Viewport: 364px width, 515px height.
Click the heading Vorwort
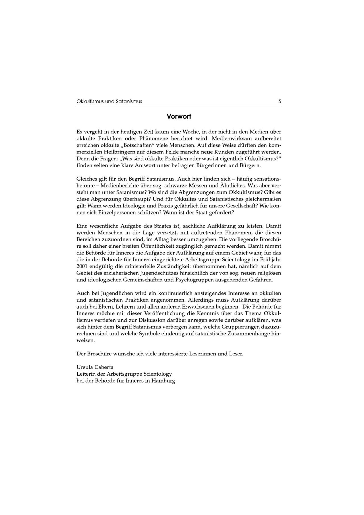[x=179, y=116]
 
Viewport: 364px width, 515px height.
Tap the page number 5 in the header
[x=280, y=101]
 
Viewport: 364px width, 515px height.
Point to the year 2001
[x=82, y=266]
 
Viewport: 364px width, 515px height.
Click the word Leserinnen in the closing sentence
[x=202, y=354]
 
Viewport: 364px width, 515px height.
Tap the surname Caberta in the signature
[x=104, y=367]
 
